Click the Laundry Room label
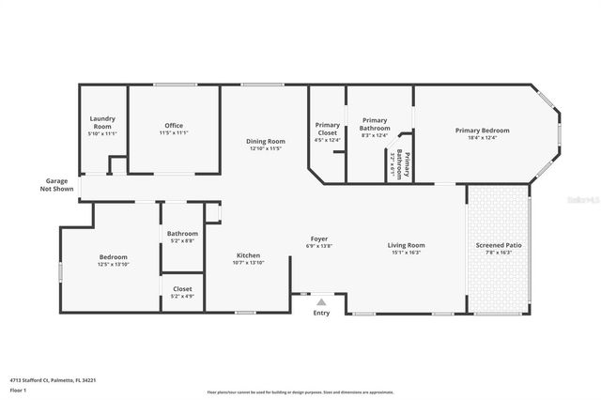click(x=101, y=121)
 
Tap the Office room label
click(x=174, y=125)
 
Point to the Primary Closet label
click(x=328, y=129)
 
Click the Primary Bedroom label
click(x=482, y=131)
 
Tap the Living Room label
click(x=407, y=245)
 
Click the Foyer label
click(x=319, y=238)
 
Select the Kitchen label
click(x=248, y=255)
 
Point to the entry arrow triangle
click(x=321, y=302)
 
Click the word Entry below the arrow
click(x=321, y=314)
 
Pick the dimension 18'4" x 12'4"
click(x=482, y=138)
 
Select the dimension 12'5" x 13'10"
click(x=114, y=265)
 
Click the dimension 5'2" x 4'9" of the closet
click(x=182, y=297)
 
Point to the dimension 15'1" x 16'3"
click(x=407, y=253)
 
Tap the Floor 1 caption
click(x=17, y=389)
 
